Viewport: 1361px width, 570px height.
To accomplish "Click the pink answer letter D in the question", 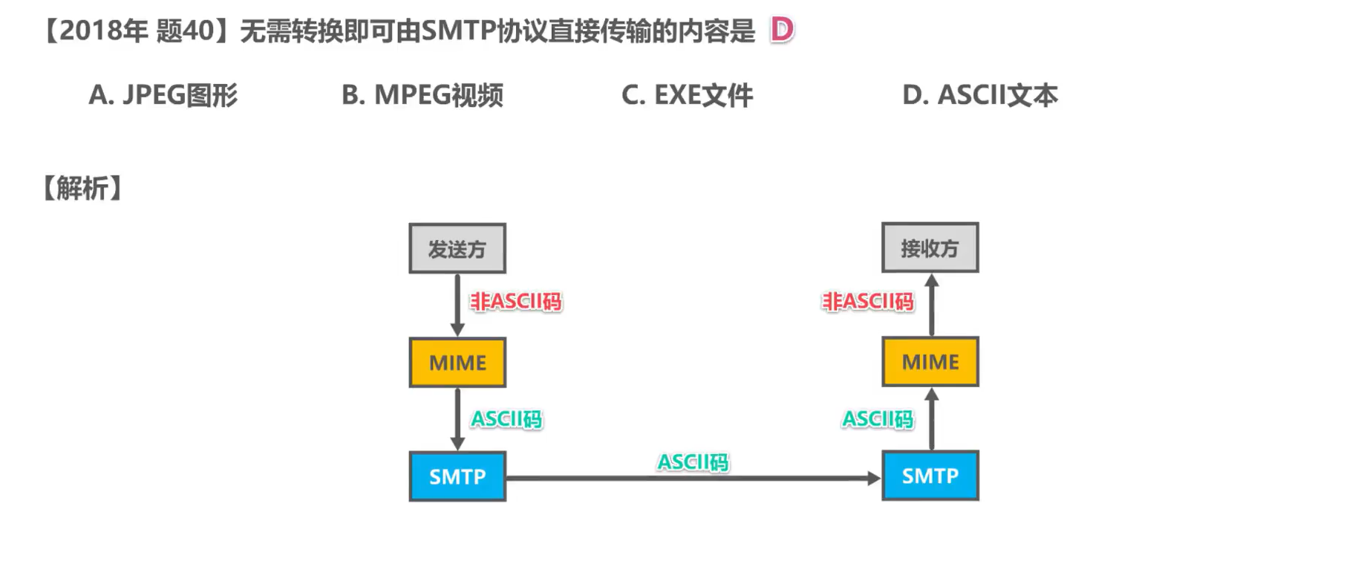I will coord(782,30).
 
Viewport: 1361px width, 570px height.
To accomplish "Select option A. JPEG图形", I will coord(163,95).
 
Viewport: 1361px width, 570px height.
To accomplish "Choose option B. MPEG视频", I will coord(422,95).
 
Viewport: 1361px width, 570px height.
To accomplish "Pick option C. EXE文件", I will coord(687,95).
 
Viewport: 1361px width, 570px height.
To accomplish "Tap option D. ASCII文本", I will coord(979,95).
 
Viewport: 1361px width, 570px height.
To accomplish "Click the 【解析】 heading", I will coord(82,188).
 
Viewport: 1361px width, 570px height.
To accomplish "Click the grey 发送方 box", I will coord(457,249).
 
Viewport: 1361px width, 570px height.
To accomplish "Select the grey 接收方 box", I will coord(930,248).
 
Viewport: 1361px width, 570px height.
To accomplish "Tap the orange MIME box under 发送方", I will coord(457,363).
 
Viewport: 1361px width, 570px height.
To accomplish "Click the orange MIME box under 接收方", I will coord(930,362).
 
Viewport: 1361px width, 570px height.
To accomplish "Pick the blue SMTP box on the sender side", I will coord(457,476).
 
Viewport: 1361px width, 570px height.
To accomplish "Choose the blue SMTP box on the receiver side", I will coord(930,476).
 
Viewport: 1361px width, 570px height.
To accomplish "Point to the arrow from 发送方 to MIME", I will coord(457,305).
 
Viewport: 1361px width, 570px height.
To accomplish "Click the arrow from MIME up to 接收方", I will coord(932,305).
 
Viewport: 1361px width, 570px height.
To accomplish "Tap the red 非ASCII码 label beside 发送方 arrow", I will coord(516,302).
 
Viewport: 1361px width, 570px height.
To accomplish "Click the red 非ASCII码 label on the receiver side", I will coord(867,302).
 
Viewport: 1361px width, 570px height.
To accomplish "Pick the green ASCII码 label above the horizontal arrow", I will coord(693,462).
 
